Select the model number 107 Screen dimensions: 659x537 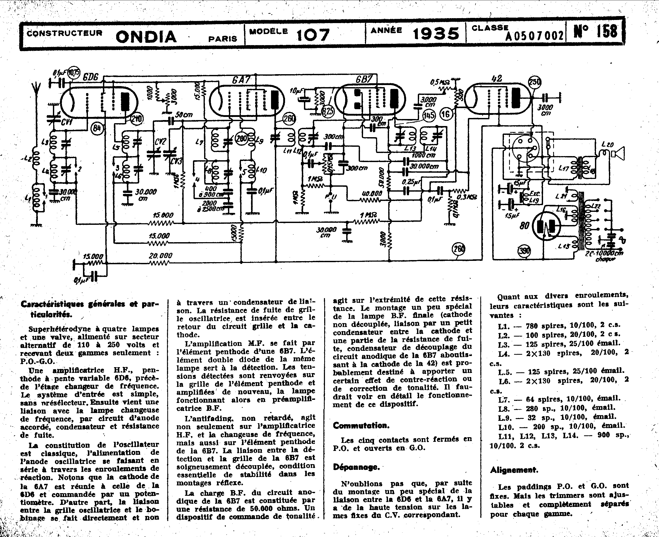click(313, 35)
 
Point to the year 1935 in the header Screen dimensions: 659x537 click(436, 34)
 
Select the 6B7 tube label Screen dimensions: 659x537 click(364, 80)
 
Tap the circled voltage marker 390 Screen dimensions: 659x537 click(524, 250)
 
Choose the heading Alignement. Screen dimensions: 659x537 click(514, 470)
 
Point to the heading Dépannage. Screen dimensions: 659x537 click(356, 467)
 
